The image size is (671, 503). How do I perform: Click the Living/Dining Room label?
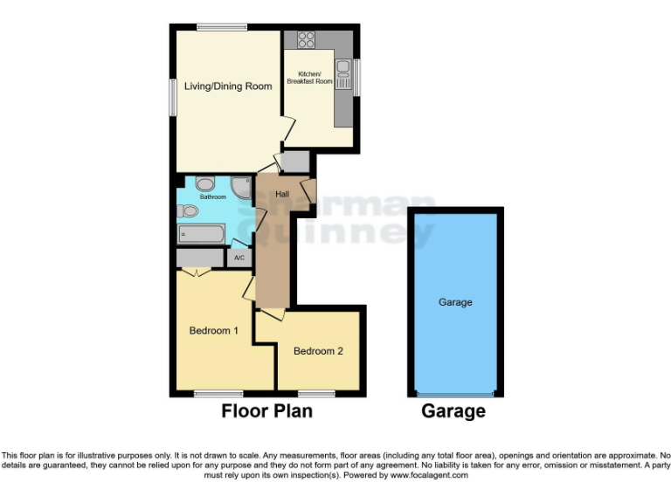[228, 86]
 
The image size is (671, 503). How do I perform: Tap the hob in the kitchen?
[306, 38]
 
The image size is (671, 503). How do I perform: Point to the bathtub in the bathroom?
[202, 234]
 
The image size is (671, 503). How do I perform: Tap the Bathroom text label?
[212, 197]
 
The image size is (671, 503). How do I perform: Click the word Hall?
[282, 194]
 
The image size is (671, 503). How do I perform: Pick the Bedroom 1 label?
[214, 330]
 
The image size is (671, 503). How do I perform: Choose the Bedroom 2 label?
[318, 351]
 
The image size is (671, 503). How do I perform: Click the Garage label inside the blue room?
[455, 302]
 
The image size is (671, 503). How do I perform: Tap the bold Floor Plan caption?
[266, 410]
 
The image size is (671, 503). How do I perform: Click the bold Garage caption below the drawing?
[453, 410]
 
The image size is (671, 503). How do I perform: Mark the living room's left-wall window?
[173, 96]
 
